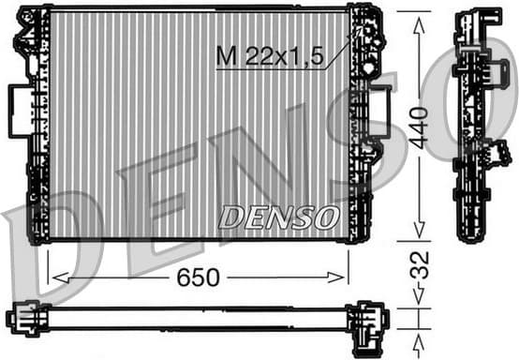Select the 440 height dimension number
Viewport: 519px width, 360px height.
click(x=420, y=126)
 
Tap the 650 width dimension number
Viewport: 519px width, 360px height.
click(x=199, y=277)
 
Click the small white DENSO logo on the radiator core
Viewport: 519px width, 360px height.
click(x=278, y=217)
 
